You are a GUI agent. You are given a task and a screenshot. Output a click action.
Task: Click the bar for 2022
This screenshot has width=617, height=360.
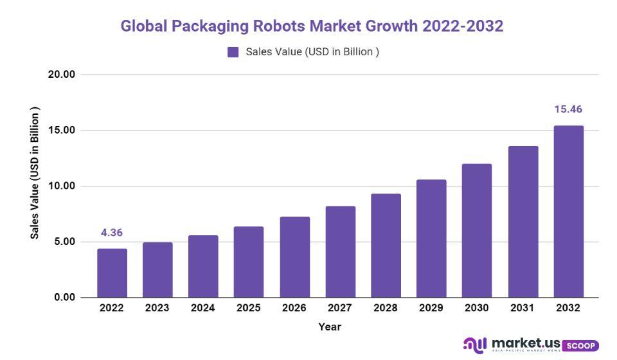click(x=112, y=273)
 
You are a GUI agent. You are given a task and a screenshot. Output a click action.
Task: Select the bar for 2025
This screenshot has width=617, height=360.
click(x=249, y=262)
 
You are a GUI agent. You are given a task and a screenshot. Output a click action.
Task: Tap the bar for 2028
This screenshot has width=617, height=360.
click(x=386, y=246)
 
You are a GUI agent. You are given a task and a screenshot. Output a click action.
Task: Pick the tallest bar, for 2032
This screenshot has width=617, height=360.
click(x=568, y=212)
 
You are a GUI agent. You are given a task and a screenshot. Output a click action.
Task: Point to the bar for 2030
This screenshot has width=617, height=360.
click(x=477, y=231)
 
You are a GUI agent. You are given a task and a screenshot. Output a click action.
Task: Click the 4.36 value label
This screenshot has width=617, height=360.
click(x=112, y=233)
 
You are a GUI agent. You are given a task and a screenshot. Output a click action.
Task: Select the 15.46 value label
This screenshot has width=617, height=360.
click(x=568, y=109)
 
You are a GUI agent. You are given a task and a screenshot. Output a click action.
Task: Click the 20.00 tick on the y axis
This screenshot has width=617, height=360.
click(x=62, y=75)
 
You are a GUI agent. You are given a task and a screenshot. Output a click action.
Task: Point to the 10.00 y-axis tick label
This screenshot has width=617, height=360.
click(x=62, y=186)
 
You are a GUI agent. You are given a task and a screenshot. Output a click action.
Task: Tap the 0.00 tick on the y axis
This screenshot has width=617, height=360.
click(x=64, y=298)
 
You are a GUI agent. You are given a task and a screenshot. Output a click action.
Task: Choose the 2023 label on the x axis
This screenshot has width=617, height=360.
click(x=157, y=308)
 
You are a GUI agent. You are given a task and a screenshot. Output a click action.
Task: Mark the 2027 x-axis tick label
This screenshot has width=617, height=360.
click(x=340, y=308)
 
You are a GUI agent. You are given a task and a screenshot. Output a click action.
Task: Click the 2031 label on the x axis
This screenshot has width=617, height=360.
click(x=523, y=308)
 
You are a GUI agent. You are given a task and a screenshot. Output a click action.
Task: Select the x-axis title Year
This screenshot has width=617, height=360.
click(x=330, y=327)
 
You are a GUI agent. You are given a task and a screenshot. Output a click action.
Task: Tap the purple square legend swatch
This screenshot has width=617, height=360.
click(x=233, y=52)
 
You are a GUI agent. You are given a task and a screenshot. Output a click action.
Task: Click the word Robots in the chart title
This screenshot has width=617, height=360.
click(x=279, y=26)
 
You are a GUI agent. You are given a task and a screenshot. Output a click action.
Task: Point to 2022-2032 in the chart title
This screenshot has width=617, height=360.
click(x=463, y=26)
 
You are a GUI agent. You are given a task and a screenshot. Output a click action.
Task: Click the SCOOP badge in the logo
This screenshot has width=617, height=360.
click(x=580, y=345)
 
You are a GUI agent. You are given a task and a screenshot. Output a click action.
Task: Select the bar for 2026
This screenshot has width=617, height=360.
click(x=294, y=257)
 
